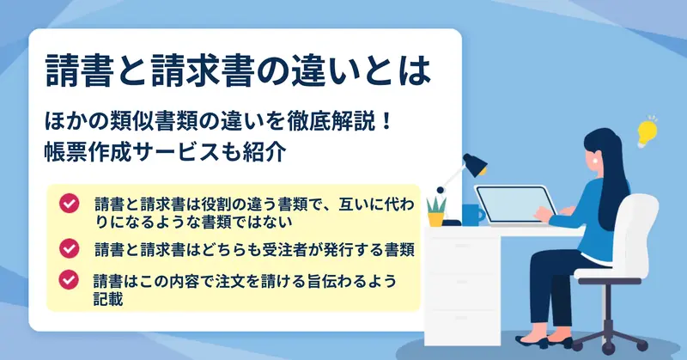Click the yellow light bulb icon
647,132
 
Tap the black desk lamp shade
475,164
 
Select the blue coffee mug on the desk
473,215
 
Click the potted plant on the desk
436,212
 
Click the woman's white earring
595,161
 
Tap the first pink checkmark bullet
70,204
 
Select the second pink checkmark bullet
70,248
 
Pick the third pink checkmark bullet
69,279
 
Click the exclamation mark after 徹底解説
386,122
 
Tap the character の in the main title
272,71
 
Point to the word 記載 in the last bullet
108,300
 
